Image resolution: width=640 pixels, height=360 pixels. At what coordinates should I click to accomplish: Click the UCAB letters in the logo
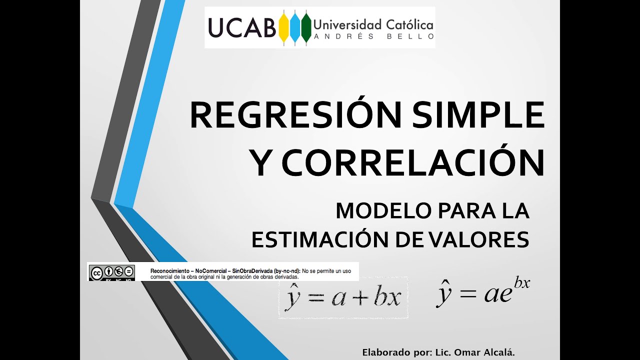(x=242, y=28)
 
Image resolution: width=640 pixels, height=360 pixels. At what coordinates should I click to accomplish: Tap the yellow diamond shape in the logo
(x=284, y=28)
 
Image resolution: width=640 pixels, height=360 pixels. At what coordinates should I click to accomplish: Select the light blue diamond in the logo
(x=295, y=28)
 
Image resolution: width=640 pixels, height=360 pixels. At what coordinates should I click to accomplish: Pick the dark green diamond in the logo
(x=305, y=28)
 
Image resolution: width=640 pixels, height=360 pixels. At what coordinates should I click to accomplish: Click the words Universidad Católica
(x=373, y=24)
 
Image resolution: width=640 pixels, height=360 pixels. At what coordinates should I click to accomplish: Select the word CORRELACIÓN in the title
(x=413, y=163)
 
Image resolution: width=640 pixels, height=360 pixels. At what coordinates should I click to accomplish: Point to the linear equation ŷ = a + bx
(x=343, y=297)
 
